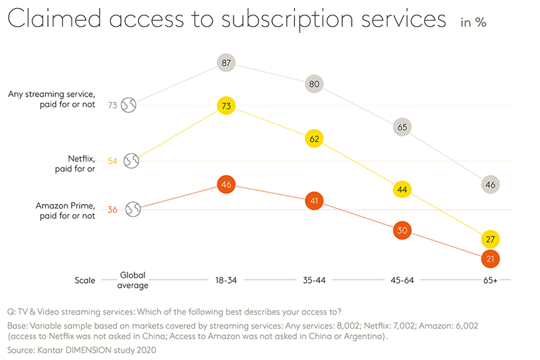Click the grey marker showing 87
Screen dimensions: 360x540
pyautogui.click(x=226, y=63)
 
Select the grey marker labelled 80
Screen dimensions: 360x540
pyautogui.click(x=314, y=84)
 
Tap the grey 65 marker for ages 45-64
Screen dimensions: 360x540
pyautogui.click(x=402, y=127)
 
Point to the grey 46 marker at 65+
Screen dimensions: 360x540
pyautogui.click(x=491, y=184)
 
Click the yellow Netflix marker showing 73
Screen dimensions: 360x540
pyautogui.click(x=226, y=106)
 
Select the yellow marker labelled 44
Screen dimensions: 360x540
pyautogui.click(x=402, y=190)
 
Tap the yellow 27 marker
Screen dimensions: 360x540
pyautogui.click(x=491, y=239)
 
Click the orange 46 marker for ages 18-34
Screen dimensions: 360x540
pyautogui.click(x=226, y=184)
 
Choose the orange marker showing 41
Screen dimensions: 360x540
pyautogui.click(x=314, y=201)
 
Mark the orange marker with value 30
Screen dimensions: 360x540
pyautogui.click(x=402, y=230)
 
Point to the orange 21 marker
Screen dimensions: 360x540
pyautogui.click(x=491, y=258)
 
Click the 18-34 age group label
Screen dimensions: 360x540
pyautogui.click(x=226, y=280)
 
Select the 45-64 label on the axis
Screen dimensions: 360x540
pyautogui.click(x=402, y=280)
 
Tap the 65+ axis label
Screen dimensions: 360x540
pyautogui.click(x=491, y=280)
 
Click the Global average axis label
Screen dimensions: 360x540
pyautogui.click(x=133, y=280)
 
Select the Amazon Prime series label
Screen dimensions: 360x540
pyautogui.click(x=67, y=209)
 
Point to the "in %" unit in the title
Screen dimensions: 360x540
pyautogui.click(x=473, y=22)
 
